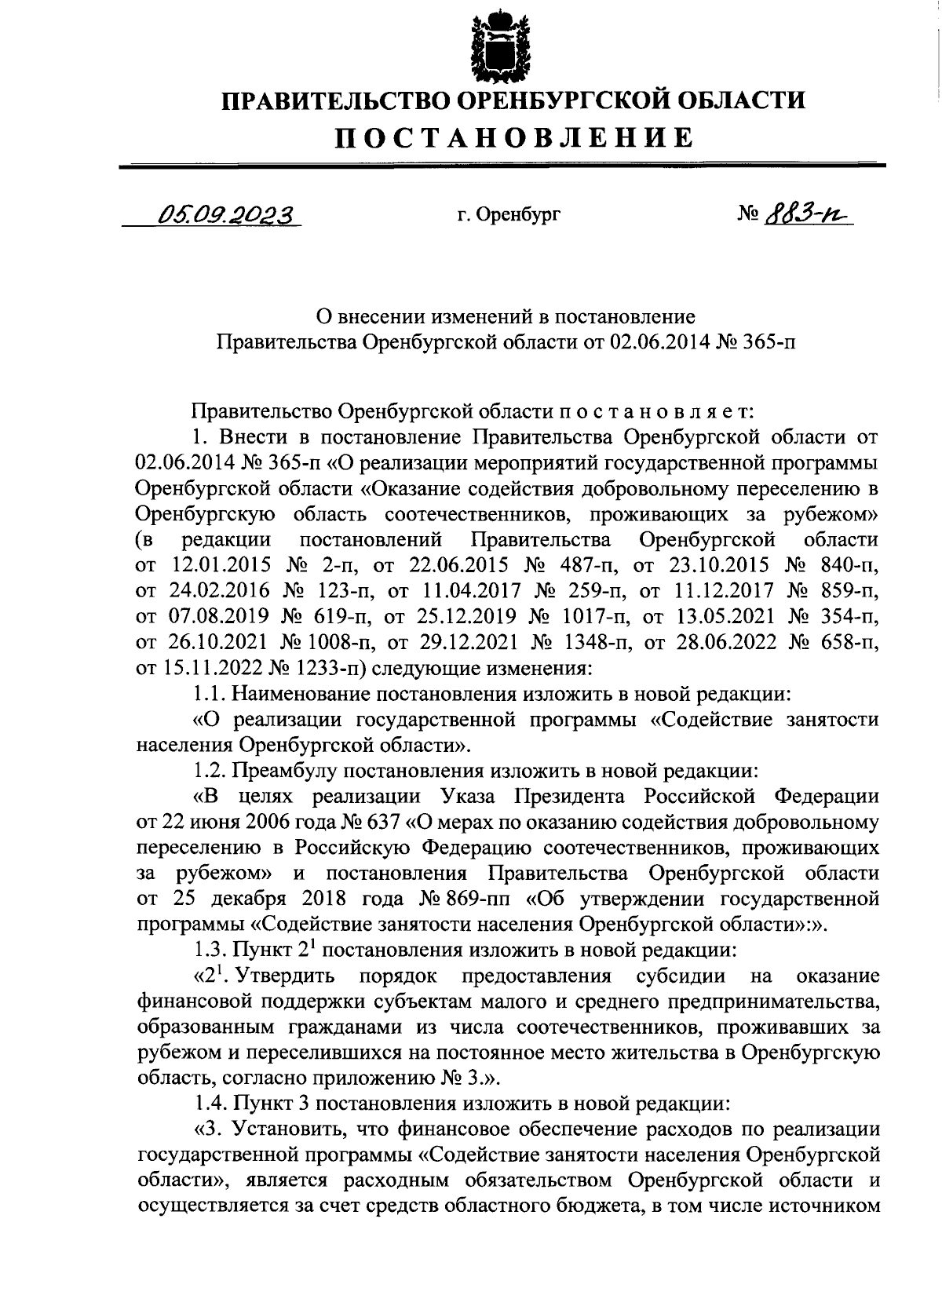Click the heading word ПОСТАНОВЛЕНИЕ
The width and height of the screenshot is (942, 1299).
tap(514, 137)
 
